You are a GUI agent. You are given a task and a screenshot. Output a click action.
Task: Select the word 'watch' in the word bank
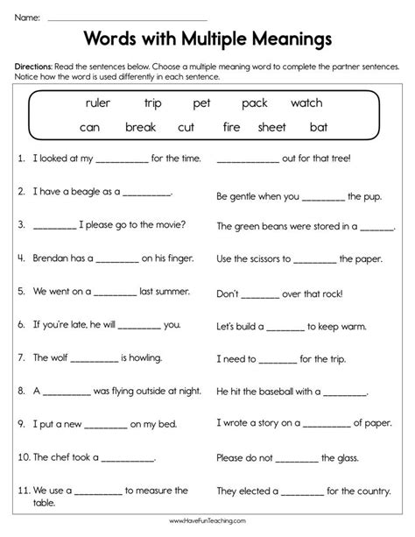click(306, 102)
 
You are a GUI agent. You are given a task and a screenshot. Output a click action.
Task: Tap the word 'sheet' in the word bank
click(272, 127)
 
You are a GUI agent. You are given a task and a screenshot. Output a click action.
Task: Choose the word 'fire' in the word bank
click(231, 127)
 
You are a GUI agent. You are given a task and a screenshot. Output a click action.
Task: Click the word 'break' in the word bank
click(140, 127)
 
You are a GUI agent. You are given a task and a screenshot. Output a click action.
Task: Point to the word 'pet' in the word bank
click(202, 102)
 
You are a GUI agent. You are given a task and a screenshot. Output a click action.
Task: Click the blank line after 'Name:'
click(126, 18)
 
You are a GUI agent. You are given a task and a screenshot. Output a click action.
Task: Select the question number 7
click(19, 358)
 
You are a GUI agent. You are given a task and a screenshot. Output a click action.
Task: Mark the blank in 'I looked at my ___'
click(119, 159)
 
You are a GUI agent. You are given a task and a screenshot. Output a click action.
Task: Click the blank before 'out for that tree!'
click(246, 159)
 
